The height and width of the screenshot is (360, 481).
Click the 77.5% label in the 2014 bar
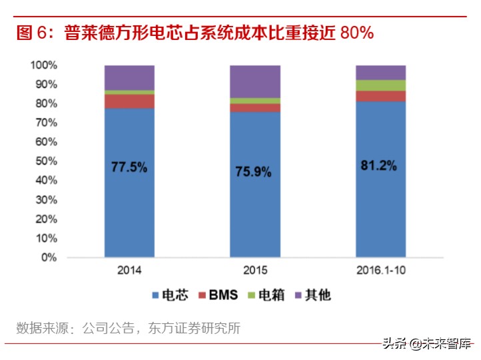pos(129,167)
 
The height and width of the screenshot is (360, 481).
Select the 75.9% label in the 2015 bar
pos(254,171)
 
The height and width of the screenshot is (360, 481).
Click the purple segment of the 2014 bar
pos(129,77)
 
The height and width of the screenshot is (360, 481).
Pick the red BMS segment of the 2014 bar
pos(129,101)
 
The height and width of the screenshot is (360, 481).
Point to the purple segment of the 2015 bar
pos(254,81)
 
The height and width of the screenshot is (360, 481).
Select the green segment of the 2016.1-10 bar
pos(380,85)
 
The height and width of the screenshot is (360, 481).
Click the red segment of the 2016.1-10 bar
pos(380,96)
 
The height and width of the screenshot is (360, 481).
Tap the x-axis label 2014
pos(129,271)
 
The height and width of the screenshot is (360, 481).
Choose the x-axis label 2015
pos(254,271)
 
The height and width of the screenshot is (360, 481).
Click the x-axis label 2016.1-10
pos(380,271)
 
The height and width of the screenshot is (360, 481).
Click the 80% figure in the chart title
pos(356,33)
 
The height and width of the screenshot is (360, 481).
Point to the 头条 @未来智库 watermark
pos(426,344)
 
